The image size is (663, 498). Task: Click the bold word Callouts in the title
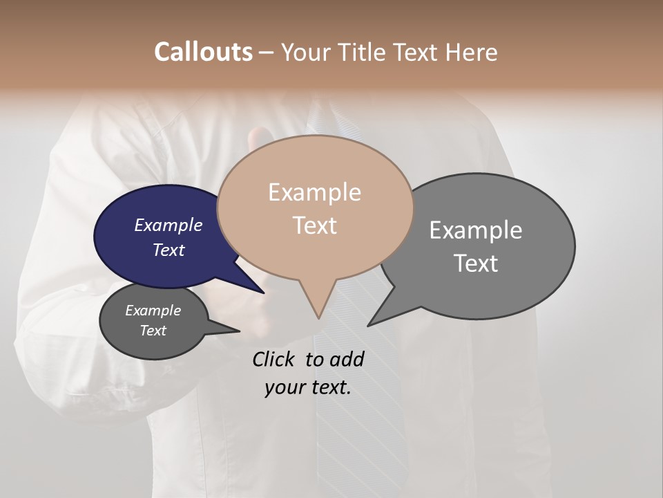[x=203, y=52]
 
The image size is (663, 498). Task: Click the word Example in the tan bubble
[x=314, y=192]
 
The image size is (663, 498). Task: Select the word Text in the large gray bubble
[x=477, y=264]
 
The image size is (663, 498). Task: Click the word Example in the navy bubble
[x=169, y=225]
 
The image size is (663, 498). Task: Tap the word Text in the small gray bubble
[x=153, y=331]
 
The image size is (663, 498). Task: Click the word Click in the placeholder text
[x=275, y=359]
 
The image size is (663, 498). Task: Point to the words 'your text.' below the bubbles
[x=308, y=387]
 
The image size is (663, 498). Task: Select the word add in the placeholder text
[x=347, y=359]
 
